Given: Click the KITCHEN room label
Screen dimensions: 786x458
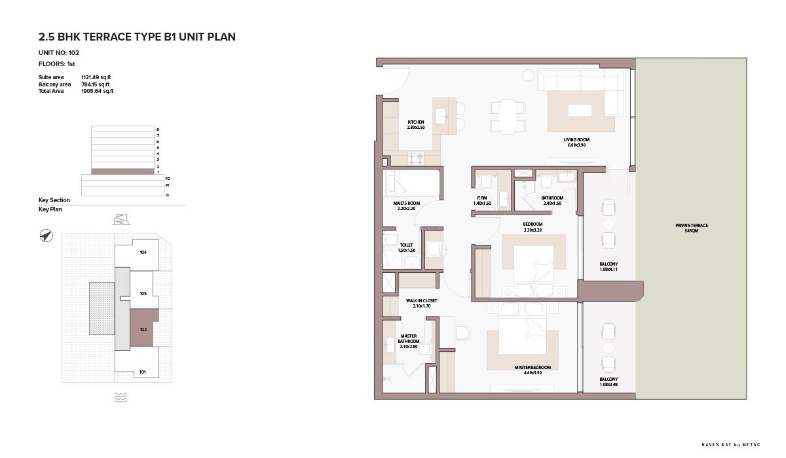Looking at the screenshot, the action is (416, 125).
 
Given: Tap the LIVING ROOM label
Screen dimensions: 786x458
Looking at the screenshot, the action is (576, 142).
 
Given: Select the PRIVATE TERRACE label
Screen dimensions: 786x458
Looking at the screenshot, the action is (692, 228).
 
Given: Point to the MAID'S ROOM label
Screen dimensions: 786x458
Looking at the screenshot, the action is (406, 205).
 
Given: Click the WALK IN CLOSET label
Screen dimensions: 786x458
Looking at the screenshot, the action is (421, 303).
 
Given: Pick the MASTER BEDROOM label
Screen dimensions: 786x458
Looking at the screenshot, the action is (533, 370).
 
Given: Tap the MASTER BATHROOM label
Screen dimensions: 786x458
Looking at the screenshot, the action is (409, 341).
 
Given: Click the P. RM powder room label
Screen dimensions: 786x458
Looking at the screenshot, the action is (482, 200).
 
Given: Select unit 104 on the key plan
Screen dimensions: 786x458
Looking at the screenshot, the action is (143, 253).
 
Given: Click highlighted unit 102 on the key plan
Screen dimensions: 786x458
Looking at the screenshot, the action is (143, 329).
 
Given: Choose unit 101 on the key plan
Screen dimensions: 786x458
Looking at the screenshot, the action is (142, 372).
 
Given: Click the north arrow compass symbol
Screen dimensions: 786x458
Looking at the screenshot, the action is (46, 236).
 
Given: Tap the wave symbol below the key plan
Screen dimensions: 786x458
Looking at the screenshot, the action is (121, 397).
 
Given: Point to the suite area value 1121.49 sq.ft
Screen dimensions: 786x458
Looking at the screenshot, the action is (96, 77).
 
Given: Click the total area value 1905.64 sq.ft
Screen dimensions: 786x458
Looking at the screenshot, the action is (97, 91).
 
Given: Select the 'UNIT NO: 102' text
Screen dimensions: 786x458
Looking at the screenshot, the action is (59, 53).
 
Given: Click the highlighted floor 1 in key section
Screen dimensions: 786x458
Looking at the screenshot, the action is (122, 171).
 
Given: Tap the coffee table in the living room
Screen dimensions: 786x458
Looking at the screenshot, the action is (580, 111).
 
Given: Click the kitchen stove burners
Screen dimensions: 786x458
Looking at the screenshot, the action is (416, 158).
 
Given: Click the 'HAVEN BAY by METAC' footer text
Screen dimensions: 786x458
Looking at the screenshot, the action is (731, 445).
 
